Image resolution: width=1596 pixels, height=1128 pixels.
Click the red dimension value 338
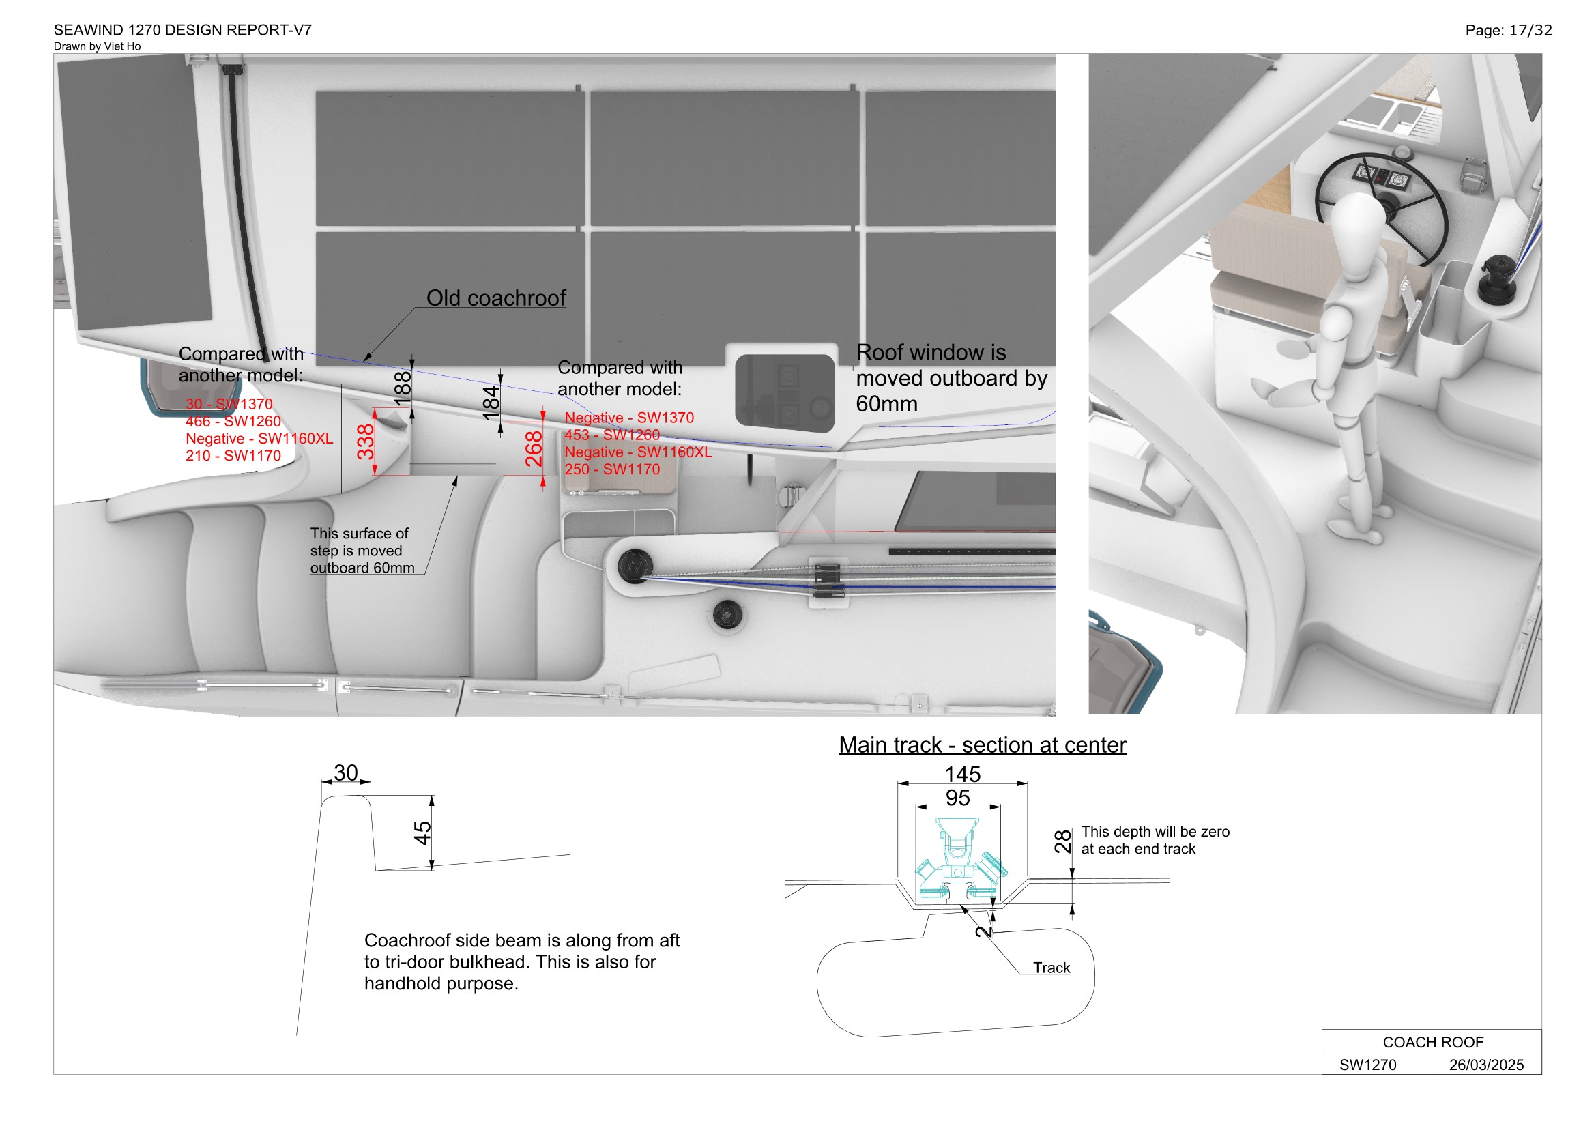366,442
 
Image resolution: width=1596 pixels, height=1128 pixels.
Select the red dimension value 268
534,449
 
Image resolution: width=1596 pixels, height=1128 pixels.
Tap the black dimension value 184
491,403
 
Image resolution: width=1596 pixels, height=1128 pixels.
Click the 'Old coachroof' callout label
495,298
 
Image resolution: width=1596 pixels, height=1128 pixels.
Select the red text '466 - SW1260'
233,421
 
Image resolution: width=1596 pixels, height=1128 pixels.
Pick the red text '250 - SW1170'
611,469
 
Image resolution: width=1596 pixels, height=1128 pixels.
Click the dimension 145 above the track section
962,774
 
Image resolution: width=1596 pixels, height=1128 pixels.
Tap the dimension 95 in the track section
957,798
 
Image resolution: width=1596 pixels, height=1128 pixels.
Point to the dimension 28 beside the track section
1063,841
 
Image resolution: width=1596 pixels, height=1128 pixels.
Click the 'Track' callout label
1051,968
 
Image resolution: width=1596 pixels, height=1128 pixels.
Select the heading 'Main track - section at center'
981,745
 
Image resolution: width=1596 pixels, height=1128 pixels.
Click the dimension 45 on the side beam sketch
422,833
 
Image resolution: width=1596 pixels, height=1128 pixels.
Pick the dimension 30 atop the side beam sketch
345,773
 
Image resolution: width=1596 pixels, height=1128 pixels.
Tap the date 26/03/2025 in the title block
1486,1065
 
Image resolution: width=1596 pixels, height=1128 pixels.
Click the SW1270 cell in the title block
1367,1065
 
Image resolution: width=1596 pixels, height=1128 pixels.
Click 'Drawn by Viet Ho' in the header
98,46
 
